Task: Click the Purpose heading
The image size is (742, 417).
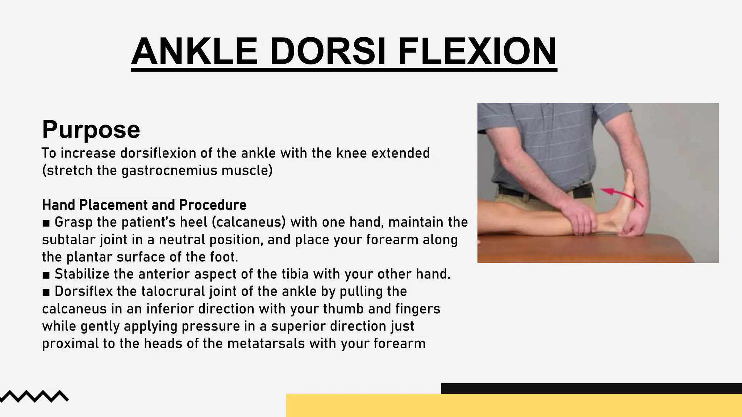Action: point(91,130)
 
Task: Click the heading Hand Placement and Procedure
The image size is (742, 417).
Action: point(144,205)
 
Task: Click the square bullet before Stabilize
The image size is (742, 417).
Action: point(46,275)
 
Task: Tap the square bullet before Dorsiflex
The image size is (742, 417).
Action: point(46,292)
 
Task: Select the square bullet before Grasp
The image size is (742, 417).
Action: point(46,223)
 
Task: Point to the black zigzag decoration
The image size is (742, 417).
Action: point(34,396)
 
